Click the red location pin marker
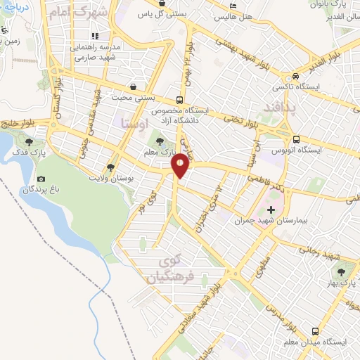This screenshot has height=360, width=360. [181, 165]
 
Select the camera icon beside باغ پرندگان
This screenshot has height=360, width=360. [41, 180]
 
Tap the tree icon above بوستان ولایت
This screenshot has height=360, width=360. [110, 167]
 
